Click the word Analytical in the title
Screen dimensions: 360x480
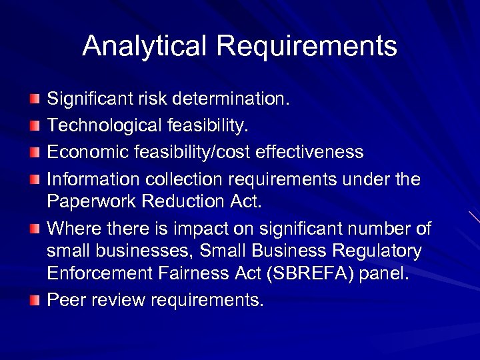point(145,46)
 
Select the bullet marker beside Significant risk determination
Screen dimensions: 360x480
point(35,100)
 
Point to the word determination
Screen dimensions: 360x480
point(231,99)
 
